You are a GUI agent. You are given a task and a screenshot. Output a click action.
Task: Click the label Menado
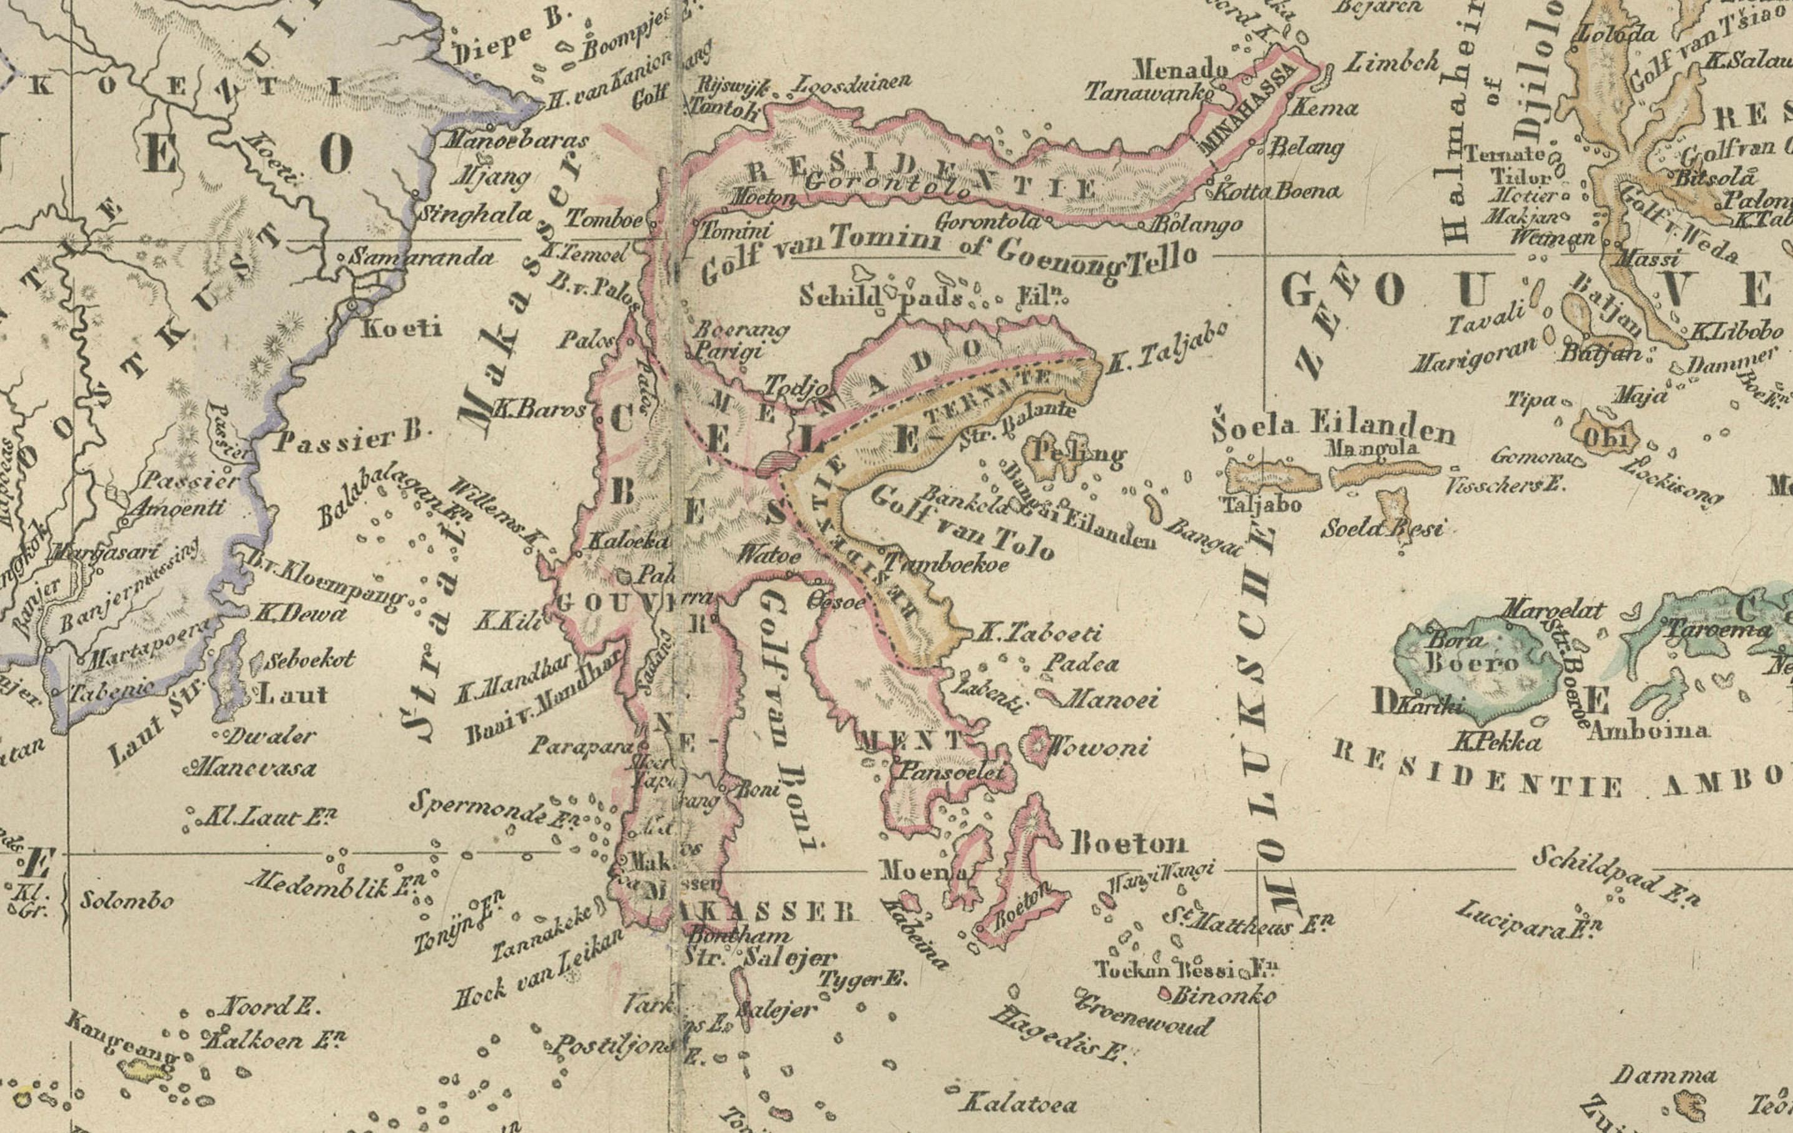click(x=1180, y=70)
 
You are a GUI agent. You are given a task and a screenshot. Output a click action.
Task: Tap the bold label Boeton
click(x=1128, y=843)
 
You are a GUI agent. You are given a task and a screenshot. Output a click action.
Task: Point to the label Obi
click(x=1609, y=439)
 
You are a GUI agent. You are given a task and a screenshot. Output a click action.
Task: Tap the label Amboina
click(x=1648, y=730)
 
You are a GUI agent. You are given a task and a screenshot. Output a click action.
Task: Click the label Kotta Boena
click(x=1277, y=191)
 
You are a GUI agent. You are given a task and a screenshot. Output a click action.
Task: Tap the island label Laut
click(x=290, y=695)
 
